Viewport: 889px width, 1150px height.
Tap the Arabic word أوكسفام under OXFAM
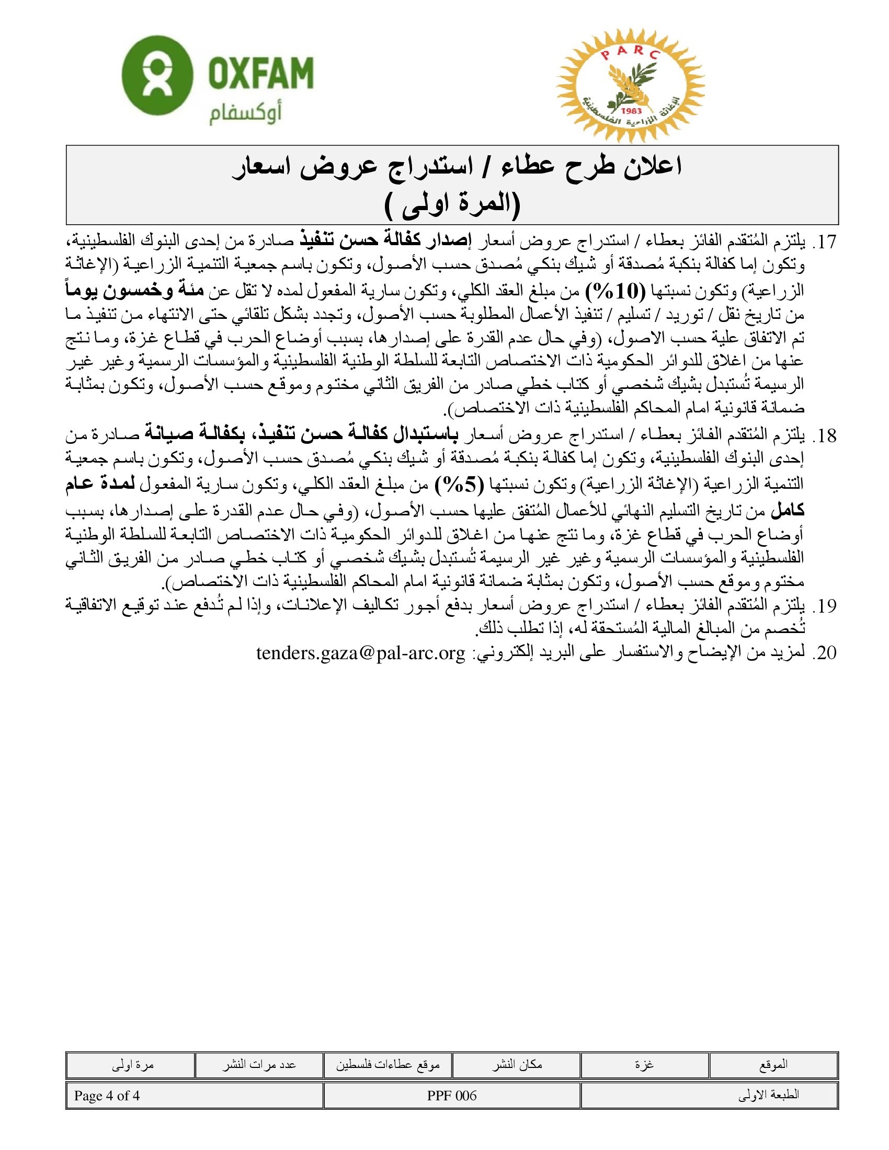245,113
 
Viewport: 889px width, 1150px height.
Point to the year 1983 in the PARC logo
631,111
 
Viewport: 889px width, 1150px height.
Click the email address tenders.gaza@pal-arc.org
361,653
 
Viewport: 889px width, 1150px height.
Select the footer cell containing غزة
645,1065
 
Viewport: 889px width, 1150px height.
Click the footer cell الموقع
773,1065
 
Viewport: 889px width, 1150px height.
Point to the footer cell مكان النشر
517,1065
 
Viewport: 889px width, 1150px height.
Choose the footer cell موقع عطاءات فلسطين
387,1065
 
